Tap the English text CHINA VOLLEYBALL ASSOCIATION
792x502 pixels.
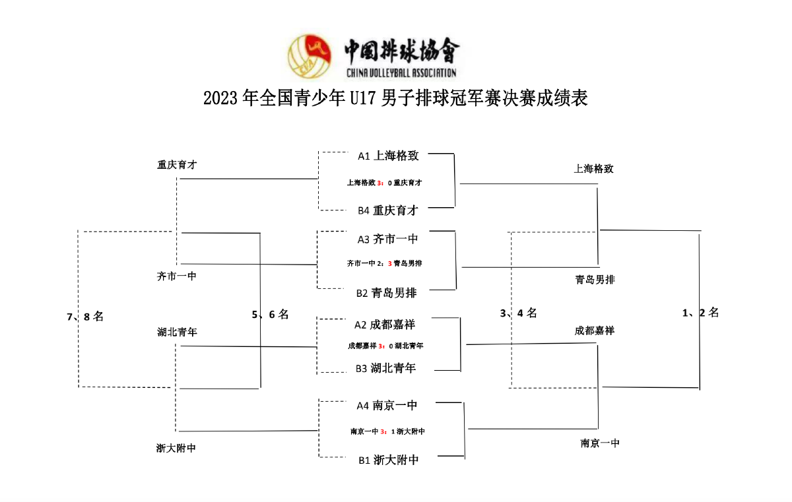click(x=401, y=73)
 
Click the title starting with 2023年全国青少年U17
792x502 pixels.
click(x=395, y=99)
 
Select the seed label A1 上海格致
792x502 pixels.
click(x=388, y=156)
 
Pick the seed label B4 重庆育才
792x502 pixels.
click(x=388, y=211)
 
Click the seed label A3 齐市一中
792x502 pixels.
click(x=388, y=239)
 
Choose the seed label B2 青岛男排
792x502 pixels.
click(x=388, y=292)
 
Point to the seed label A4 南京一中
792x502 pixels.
click(x=388, y=406)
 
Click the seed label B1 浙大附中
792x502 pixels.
click(x=389, y=460)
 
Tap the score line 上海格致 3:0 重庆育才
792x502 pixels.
click(x=384, y=183)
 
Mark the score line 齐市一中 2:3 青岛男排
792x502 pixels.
click(x=384, y=263)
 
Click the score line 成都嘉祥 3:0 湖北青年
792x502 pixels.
click(x=385, y=346)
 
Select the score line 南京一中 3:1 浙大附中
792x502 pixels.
click(x=387, y=431)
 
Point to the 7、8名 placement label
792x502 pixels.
click(x=85, y=317)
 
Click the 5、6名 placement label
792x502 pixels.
click(x=270, y=315)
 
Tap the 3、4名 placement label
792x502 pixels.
click(x=518, y=313)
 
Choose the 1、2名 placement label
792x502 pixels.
click(x=700, y=313)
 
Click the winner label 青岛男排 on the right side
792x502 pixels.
click(x=594, y=280)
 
